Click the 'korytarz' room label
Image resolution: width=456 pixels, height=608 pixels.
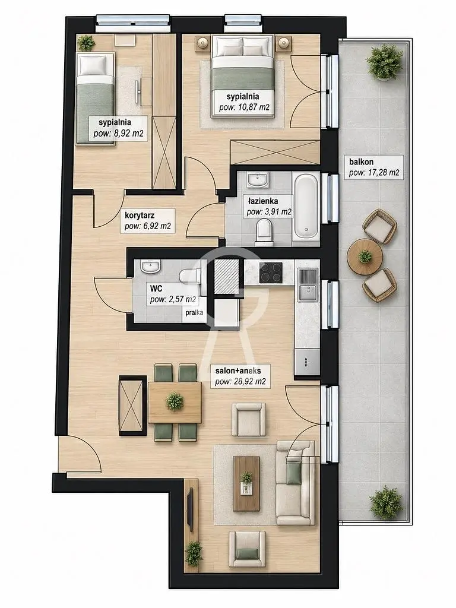pos(140,215)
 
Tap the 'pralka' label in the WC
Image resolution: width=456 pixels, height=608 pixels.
pos(194,312)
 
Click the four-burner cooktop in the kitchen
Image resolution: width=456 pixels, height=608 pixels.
pos(271,272)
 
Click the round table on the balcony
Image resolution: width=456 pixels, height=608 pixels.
pos(365,256)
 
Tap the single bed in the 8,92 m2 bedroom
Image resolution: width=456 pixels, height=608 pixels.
pos(96,99)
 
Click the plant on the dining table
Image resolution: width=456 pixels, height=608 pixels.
pos(175,401)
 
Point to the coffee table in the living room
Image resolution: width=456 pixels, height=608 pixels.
pos(246,483)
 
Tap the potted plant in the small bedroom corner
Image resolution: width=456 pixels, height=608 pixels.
pos(86,43)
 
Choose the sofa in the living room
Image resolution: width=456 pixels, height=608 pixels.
pos(296,483)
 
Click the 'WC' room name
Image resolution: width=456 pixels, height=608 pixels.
pos(156,289)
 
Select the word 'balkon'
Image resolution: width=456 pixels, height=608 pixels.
pos(361,162)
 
